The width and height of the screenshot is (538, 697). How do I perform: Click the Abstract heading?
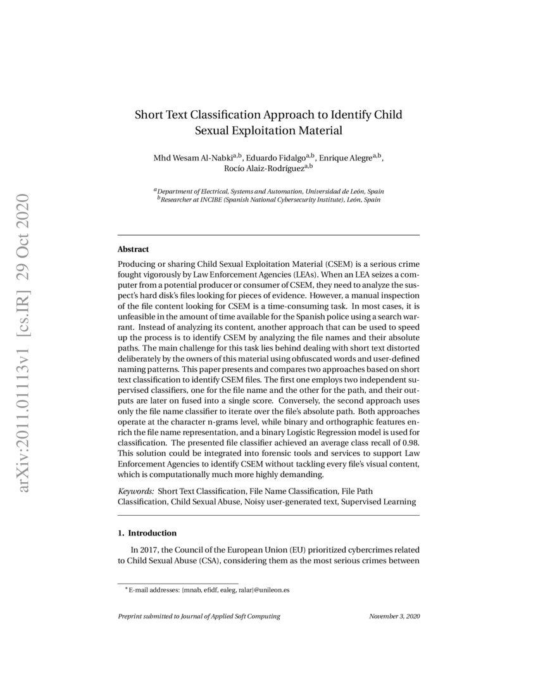133,250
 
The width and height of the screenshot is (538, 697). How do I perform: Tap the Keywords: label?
135,491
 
